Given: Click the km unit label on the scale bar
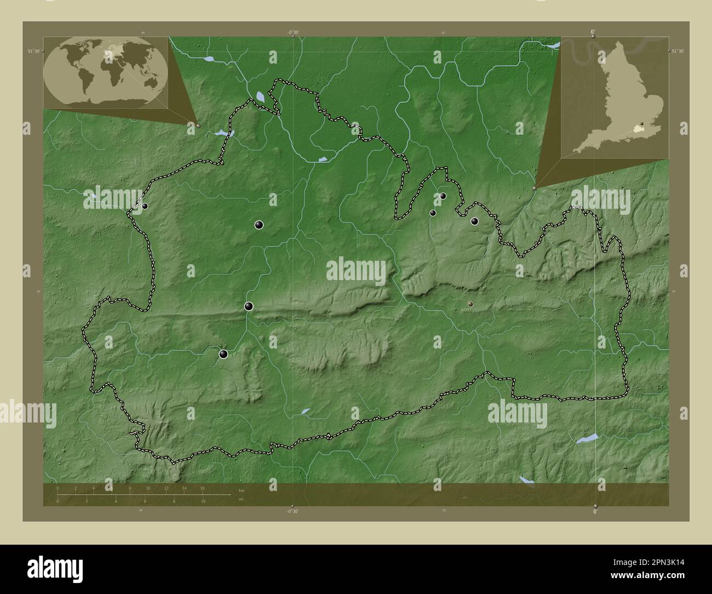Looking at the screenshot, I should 242,489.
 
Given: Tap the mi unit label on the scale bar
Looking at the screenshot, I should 241,499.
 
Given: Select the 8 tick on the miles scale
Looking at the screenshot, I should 174,501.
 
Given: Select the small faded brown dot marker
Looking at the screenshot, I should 470,303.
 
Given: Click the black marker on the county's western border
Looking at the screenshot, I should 145,206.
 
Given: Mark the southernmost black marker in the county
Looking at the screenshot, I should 223,354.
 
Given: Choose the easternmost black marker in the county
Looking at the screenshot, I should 474,221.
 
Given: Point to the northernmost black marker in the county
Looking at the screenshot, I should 443,196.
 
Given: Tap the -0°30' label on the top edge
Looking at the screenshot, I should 293,32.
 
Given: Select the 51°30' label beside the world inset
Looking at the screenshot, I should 34,51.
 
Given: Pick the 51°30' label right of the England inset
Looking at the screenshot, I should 677,51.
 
